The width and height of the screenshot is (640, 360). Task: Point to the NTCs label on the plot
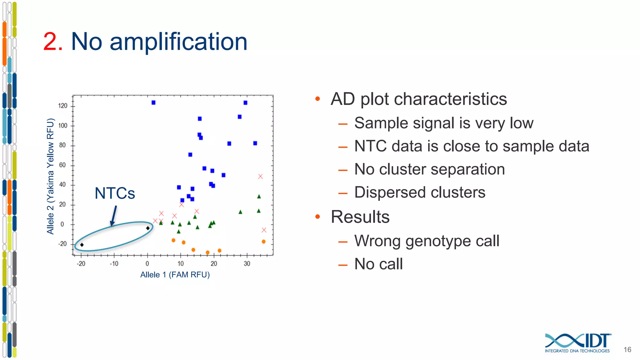coord(115,193)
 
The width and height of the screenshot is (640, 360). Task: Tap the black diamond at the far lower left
coord(82,245)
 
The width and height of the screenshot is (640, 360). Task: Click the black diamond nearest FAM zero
coord(148,228)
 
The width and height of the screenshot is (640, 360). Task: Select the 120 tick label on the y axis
coord(62,106)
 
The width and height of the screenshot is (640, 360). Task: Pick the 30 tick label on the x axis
coord(247,264)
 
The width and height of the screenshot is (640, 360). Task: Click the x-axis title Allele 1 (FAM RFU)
coord(175,275)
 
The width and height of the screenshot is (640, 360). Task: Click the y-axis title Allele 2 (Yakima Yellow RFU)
coord(50,176)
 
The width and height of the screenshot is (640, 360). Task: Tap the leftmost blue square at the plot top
coord(153,102)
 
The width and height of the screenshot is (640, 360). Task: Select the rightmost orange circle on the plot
coord(263,242)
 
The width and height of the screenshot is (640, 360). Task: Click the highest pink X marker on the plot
coord(260,177)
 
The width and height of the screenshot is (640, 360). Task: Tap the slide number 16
coord(627,350)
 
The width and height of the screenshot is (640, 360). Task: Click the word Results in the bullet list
coord(360,217)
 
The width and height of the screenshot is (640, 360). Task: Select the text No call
coord(378,264)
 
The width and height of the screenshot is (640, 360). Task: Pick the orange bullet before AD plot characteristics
coord(318,99)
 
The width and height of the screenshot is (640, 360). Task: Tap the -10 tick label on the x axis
coord(114,264)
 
